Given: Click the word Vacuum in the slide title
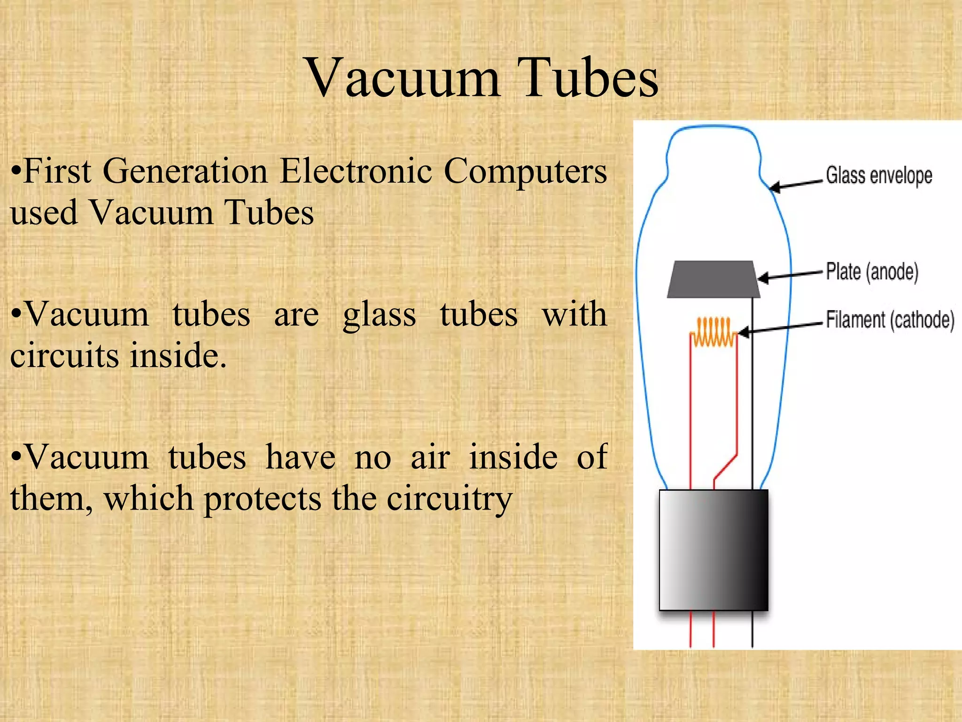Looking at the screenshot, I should (403, 78).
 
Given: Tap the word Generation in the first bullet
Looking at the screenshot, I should (185, 171).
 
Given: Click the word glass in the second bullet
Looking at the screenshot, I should (379, 315).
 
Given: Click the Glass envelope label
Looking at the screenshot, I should (879, 175).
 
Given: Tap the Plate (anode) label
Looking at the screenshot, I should (872, 272).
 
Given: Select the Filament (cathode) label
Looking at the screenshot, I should (890, 320).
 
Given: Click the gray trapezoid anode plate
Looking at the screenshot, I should (713, 280).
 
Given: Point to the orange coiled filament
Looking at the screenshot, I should (714, 332).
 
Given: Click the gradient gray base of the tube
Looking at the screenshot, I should (713, 550).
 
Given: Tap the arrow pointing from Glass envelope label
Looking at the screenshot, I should (797, 184).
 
